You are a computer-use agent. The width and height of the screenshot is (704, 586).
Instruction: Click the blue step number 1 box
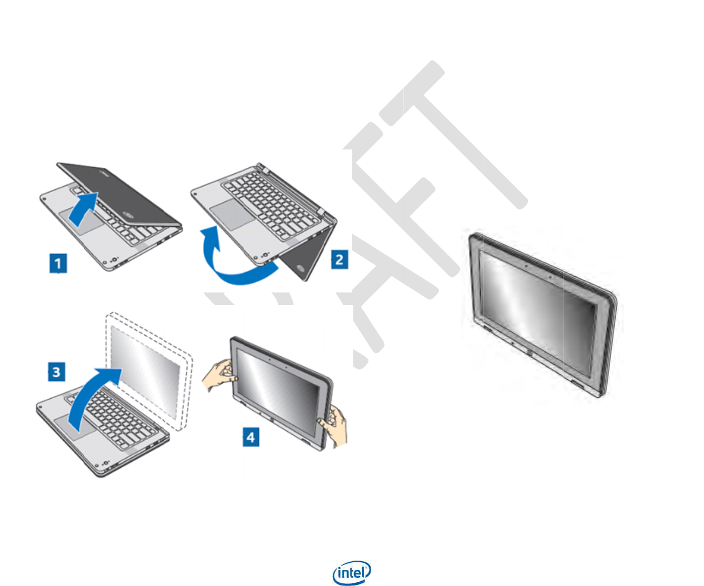[x=58, y=263]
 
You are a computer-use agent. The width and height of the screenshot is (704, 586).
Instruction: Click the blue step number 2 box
[x=339, y=260]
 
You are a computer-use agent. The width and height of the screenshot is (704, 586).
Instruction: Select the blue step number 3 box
[x=56, y=372]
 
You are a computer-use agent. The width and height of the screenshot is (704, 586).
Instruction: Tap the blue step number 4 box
[x=250, y=437]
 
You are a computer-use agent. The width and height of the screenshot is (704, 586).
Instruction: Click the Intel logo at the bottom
[x=352, y=573]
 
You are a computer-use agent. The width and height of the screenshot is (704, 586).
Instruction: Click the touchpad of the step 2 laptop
[x=227, y=216]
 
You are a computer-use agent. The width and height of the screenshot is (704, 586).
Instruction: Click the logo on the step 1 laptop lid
[x=129, y=215]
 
